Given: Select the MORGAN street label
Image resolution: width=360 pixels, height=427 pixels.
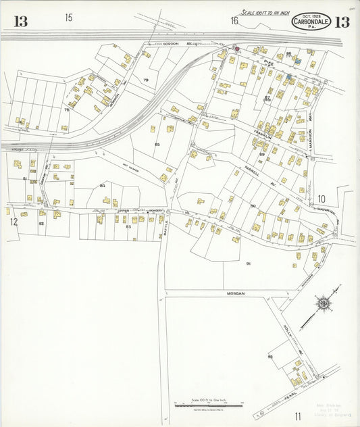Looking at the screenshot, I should tap(235, 294).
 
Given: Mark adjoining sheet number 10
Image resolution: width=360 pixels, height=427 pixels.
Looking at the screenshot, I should tap(322, 199).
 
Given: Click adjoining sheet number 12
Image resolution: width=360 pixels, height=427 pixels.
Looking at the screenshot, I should tap(12, 220).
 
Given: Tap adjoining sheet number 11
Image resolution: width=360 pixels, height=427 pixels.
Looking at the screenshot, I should tap(297, 416).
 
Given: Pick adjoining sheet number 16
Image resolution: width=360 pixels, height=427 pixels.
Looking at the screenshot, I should tap(234, 21).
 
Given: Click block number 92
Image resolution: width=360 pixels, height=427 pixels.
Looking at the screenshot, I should tap(270, 356).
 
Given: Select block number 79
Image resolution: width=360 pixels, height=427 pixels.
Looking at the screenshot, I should tap(145, 80).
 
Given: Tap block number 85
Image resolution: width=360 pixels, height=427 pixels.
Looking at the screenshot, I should tap(157, 145).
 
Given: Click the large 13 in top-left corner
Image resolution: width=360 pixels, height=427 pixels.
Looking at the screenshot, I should tap(21, 22).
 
